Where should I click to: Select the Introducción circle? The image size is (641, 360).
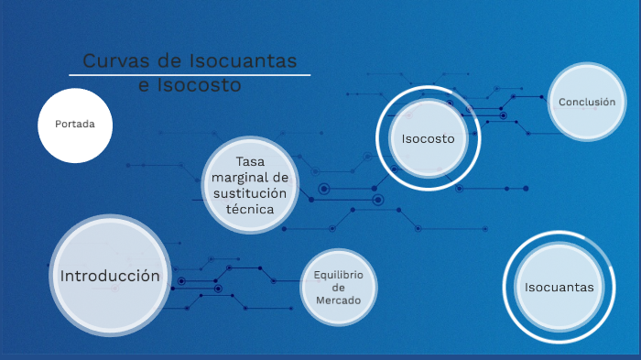pyautogui.click(x=110, y=275)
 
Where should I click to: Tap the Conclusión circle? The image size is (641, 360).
pyautogui.click(x=587, y=102)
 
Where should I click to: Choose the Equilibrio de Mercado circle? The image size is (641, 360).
pyautogui.click(x=339, y=288)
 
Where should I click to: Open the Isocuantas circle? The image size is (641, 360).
pyautogui.click(x=559, y=287)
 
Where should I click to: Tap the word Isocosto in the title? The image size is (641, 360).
pyautogui.click(x=199, y=86)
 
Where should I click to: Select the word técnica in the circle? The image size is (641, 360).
pyautogui.click(x=250, y=208)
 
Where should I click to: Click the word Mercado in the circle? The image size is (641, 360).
pyautogui.click(x=339, y=300)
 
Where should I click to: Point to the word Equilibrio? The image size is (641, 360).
pyautogui.click(x=339, y=275)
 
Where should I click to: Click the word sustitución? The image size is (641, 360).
pyautogui.click(x=250, y=193)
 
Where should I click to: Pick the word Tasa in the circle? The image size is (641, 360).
pyautogui.click(x=250, y=162)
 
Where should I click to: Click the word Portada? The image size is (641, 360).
pyautogui.click(x=75, y=125)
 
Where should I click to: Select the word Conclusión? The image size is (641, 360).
pyautogui.click(x=587, y=102)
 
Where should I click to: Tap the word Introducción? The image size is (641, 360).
pyautogui.click(x=110, y=276)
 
